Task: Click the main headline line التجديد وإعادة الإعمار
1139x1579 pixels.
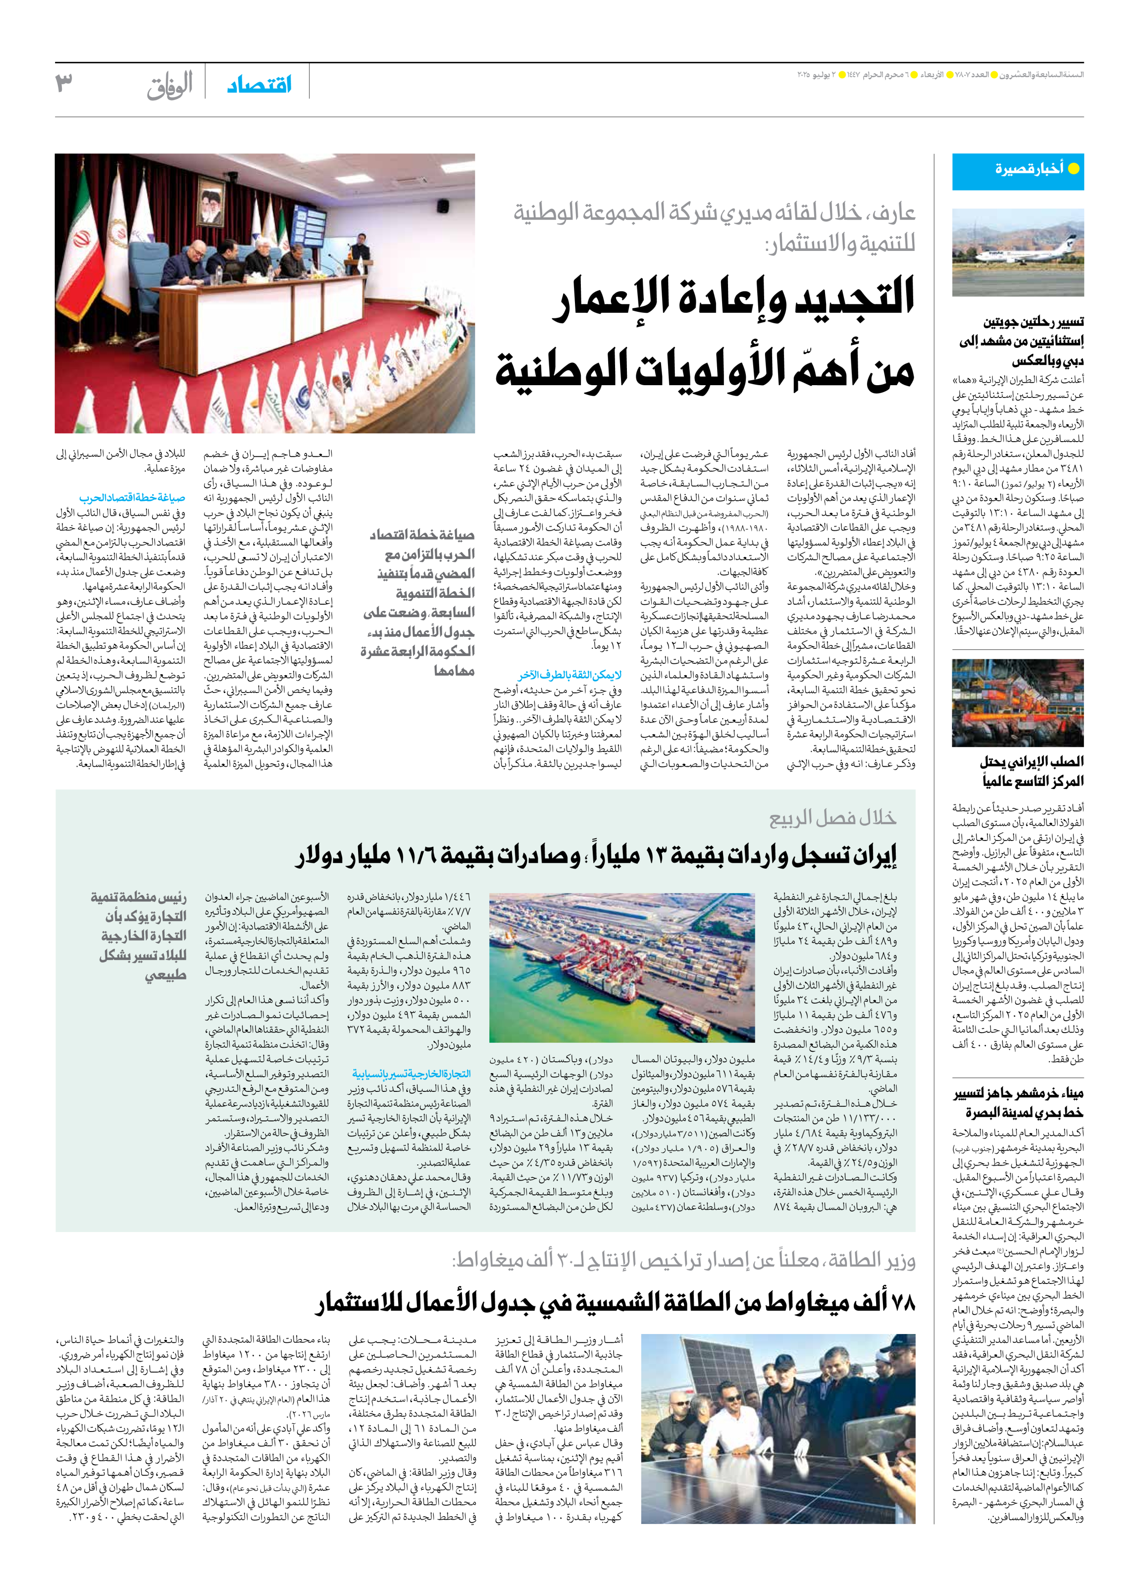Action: click(734, 298)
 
